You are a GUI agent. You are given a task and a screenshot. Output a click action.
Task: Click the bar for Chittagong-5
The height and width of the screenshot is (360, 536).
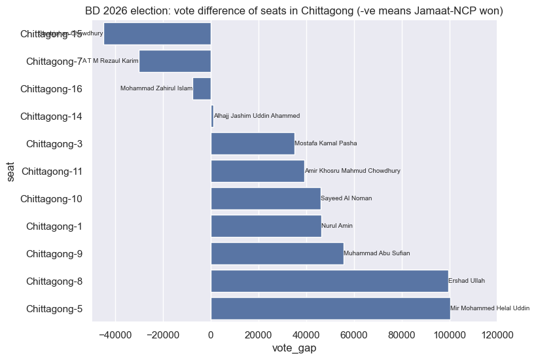[x=331, y=308]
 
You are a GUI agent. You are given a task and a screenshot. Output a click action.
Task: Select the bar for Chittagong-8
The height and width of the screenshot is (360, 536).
[x=329, y=281]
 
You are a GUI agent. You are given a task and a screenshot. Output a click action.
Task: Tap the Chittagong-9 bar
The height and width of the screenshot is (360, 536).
[x=277, y=253]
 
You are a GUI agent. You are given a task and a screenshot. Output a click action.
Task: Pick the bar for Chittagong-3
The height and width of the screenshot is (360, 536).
[x=253, y=143]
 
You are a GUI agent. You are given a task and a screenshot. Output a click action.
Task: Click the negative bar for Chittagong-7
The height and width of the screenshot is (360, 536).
[x=175, y=61]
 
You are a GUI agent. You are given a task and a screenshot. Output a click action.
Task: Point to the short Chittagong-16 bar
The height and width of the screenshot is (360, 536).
[x=202, y=88]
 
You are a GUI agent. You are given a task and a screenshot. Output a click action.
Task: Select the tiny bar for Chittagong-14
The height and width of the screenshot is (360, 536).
[x=212, y=116]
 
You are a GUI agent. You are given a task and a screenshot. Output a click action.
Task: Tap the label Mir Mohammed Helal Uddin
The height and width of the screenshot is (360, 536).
[x=490, y=308]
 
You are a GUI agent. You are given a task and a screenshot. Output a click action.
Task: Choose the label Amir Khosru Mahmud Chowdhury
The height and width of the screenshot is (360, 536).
[x=353, y=171]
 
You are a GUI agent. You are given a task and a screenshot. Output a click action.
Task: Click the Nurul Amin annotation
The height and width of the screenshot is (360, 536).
[x=337, y=226]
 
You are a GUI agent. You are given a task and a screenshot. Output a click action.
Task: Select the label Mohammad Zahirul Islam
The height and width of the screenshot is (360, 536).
[x=156, y=88]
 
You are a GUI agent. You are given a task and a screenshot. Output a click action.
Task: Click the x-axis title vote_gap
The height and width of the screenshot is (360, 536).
[x=294, y=349]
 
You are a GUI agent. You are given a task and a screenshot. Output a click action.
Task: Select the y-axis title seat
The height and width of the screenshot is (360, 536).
[x=11, y=171]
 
